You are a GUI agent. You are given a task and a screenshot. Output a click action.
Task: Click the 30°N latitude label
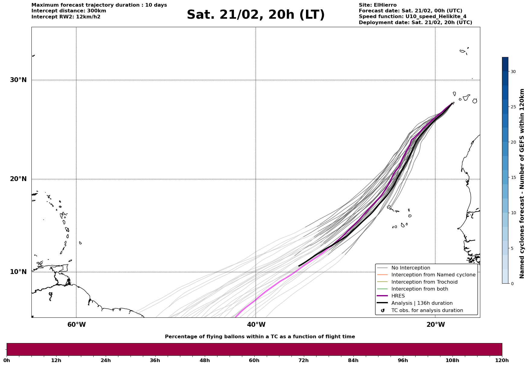pyautogui.click(x=18, y=80)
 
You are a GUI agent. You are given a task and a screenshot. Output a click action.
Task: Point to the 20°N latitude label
pyautogui.click(x=18, y=179)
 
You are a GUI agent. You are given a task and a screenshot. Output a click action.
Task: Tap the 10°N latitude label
pyautogui.click(x=18, y=272)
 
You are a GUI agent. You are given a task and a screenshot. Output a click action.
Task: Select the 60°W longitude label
pyautogui.click(x=76, y=325)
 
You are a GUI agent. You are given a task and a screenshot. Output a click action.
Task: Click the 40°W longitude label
pyautogui.click(x=256, y=325)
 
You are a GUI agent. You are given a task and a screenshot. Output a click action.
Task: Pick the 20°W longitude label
pyautogui.click(x=436, y=325)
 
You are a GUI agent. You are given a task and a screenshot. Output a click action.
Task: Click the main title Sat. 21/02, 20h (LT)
pyautogui.click(x=256, y=15)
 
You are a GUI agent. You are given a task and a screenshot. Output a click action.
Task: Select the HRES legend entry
pyautogui.click(x=398, y=296)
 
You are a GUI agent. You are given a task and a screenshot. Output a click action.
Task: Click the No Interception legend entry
pyautogui.click(x=410, y=268)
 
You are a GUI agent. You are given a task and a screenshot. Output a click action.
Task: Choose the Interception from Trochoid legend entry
pyautogui.click(x=424, y=282)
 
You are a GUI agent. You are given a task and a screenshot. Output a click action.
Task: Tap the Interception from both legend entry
pyautogui.click(x=420, y=289)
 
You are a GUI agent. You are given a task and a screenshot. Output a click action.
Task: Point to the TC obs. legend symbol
pyautogui.click(x=383, y=310)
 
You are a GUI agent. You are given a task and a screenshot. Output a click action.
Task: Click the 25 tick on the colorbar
pyautogui.click(x=513, y=107)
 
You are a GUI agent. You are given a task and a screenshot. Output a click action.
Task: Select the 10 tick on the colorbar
pyautogui.click(x=513, y=213)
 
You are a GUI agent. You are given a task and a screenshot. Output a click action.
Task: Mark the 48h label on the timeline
pyautogui.click(x=204, y=360)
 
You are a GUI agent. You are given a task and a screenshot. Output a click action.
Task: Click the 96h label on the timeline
pyautogui.click(x=403, y=360)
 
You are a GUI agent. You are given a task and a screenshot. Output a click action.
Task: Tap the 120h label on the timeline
pyautogui.click(x=502, y=360)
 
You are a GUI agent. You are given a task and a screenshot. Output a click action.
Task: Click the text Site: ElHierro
pyautogui.click(x=378, y=5)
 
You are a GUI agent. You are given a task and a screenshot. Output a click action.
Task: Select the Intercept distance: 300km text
pyautogui.click(x=69, y=11)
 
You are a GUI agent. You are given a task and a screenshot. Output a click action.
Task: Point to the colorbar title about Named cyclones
pyautogui.click(x=522, y=183)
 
